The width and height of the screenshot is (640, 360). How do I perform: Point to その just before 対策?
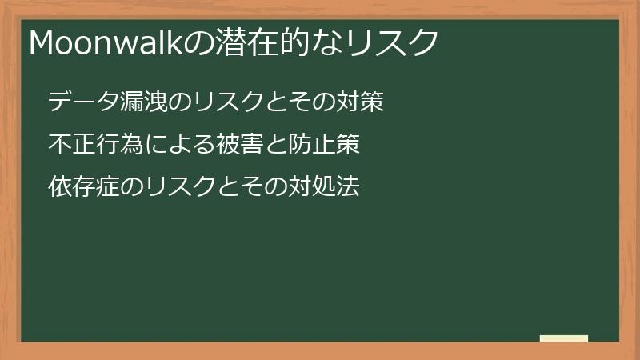[x=320, y=102]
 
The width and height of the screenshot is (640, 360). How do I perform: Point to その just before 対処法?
[x=258, y=187]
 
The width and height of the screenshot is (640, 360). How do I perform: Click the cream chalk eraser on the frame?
[x=564, y=338]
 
